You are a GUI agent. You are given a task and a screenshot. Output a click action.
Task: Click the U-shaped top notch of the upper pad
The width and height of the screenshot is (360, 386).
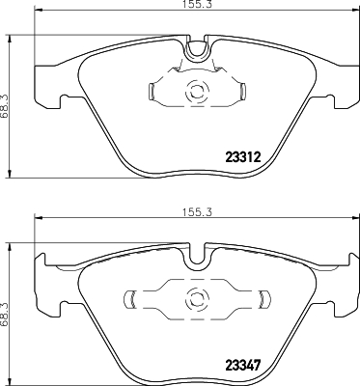click(198, 45)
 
